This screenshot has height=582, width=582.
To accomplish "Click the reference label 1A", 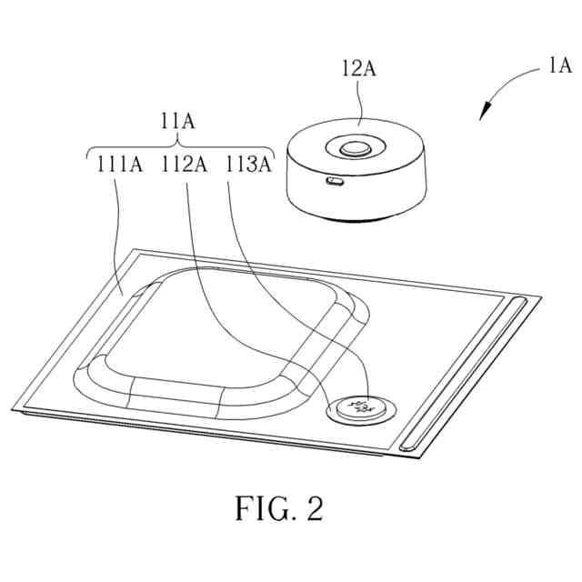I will [x=558, y=65].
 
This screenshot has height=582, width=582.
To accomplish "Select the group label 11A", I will [x=178, y=118].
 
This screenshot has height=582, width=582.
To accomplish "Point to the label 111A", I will [x=119, y=164].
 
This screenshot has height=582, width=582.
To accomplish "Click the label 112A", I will [x=185, y=164].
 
